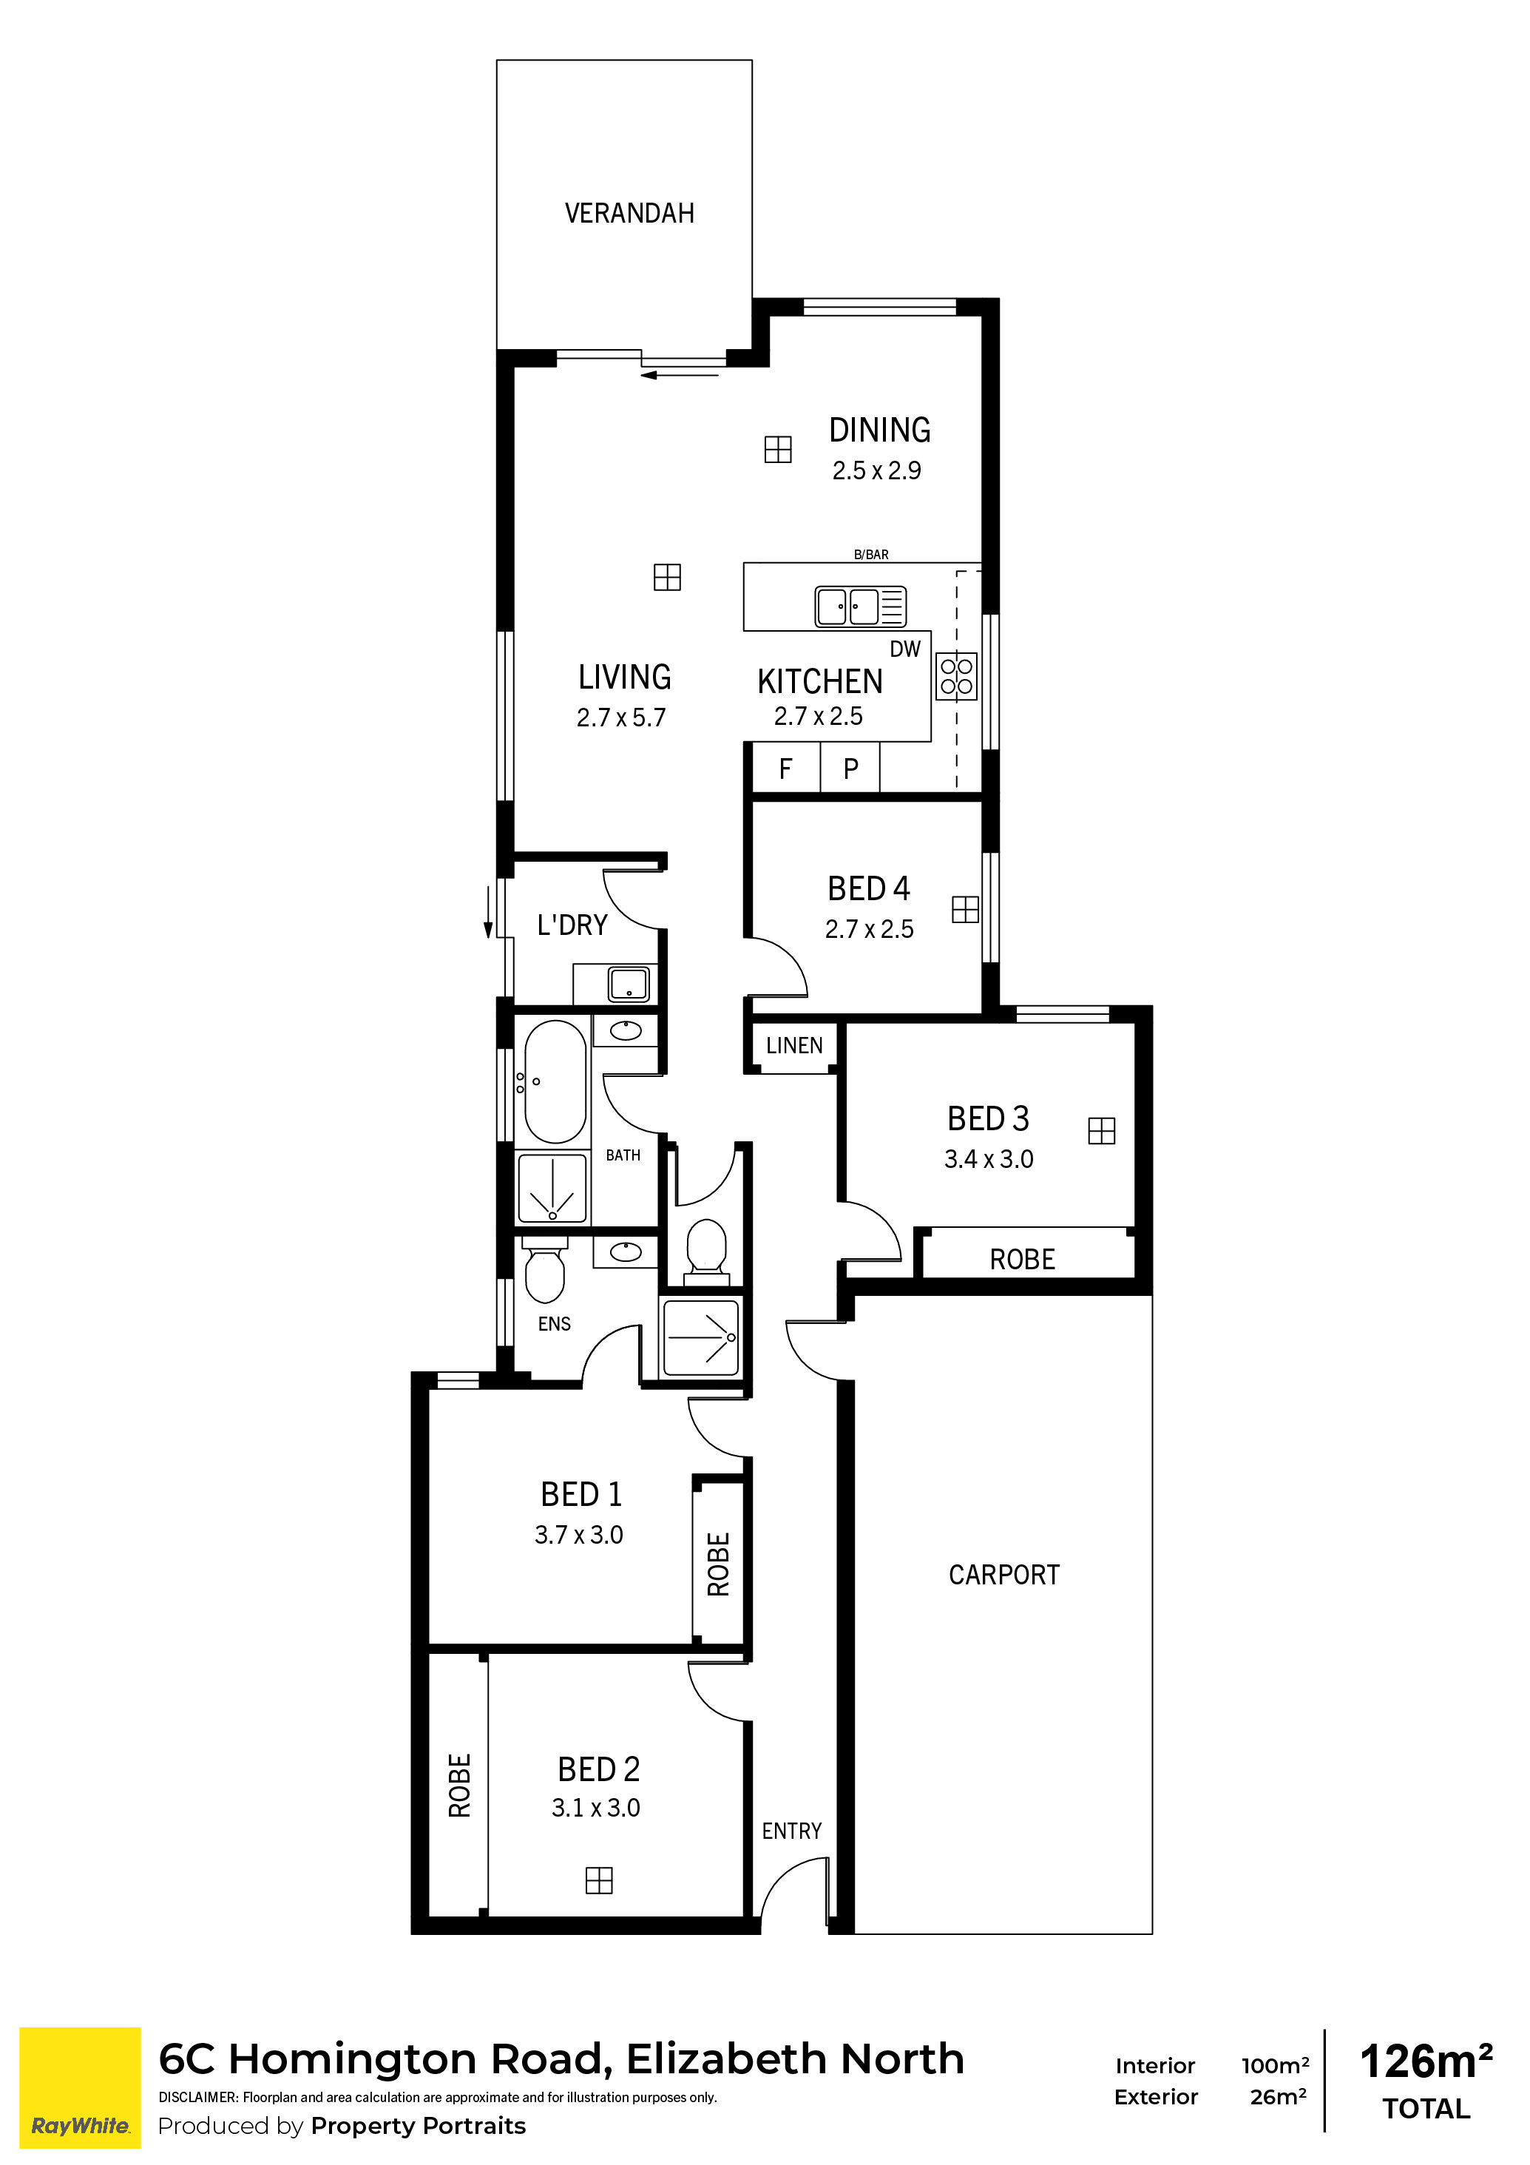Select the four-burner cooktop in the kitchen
click(x=956, y=677)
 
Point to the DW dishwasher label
click(x=905, y=649)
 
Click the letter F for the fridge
click(x=785, y=769)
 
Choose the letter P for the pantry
click(x=850, y=769)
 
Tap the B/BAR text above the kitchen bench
click(x=871, y=555)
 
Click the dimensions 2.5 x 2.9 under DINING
click(x=877, y=470)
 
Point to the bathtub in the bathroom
click(x=555, y=1081)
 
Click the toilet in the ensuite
click(x=544, y=1272)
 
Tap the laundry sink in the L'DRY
click(x=629, y=984)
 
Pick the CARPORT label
click(x=1004, y=1575)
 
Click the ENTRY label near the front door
click(x=792, y=1831)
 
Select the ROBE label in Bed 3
click(x=1022, y=1260)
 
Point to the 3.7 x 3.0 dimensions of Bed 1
click(x=579, y=1535)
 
